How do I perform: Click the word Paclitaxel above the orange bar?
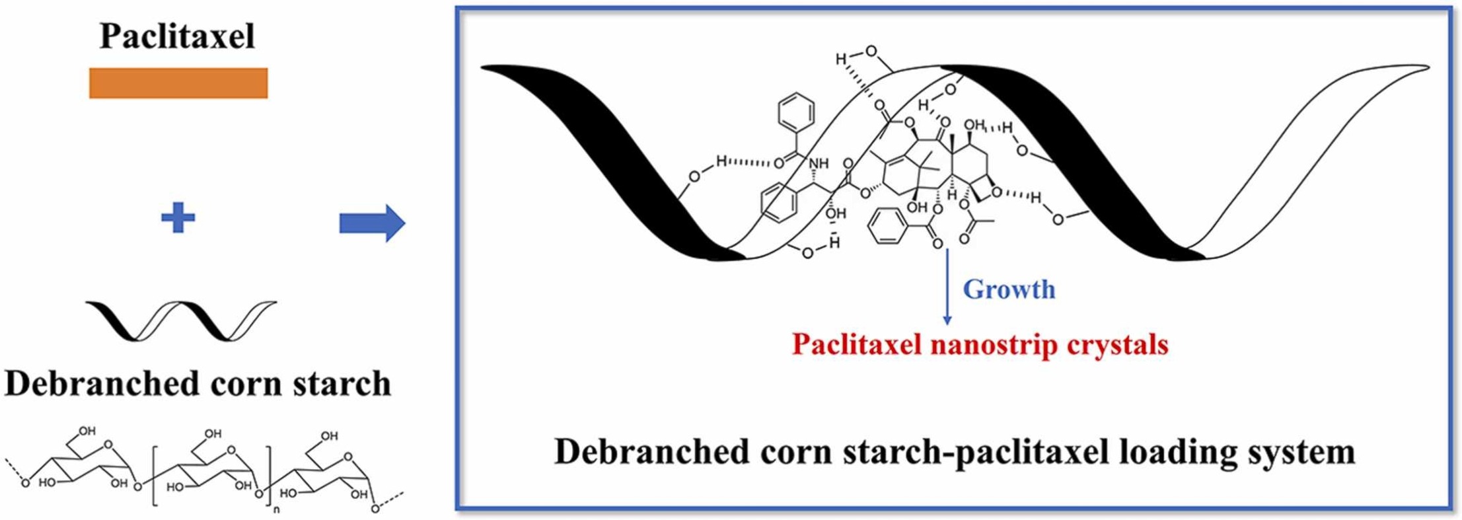pyautogui.click(x=177, y=36)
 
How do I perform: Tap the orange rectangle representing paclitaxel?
pyautogui.click(x=178, y=83)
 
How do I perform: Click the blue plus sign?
pyautogui.click(x=178, y=218)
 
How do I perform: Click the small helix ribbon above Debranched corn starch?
pyautogui.click(x=181, y=320)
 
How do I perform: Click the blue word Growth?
pyautogui.click(x=1009, y=289)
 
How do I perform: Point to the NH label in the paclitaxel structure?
pyautogui.click(x=818, y=163)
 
